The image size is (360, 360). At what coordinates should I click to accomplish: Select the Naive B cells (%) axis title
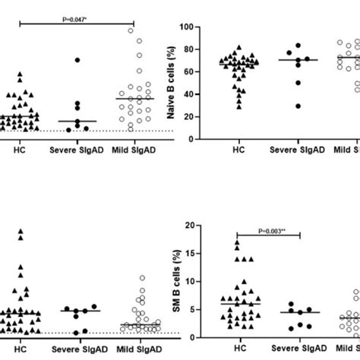tap(185, 79)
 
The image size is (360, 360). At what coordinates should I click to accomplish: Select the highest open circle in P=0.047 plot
tap(131, 30)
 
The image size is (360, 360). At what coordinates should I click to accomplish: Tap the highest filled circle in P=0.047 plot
tap(77, 59)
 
